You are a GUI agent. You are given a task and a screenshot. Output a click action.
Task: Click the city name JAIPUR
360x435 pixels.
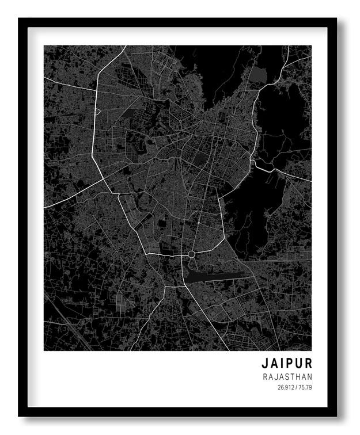pos(287,364)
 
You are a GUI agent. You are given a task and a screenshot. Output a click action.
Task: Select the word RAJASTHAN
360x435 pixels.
pos(287,377)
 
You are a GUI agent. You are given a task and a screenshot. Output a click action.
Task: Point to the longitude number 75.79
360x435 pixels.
pos(305,387)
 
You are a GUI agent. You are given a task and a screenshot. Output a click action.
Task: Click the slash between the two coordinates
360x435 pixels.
pos(296,387)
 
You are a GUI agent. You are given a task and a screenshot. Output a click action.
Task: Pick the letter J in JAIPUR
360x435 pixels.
pos(266,364)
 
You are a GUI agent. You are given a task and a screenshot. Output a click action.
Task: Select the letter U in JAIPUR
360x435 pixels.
pos(299,364)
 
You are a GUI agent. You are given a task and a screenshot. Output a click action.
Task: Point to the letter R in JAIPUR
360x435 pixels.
pos(308,364)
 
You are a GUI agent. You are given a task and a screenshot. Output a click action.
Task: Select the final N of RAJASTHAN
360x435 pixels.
pos(310,377)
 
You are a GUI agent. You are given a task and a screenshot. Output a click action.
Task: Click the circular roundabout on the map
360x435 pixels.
pos(191,254)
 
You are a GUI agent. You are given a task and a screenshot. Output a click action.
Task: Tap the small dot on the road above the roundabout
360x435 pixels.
pos(198,223)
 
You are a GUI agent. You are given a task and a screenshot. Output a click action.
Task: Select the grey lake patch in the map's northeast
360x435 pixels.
pos(256,74)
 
